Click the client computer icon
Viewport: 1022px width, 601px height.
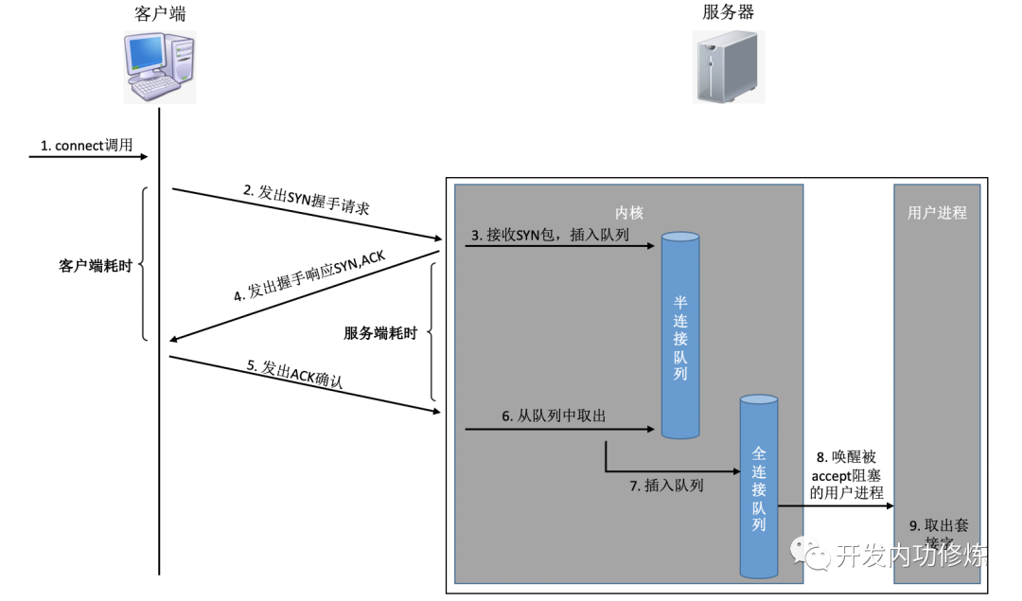160,67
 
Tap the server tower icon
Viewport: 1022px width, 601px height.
728,66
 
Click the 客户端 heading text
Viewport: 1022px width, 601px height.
160,12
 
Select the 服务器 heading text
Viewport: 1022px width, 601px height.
728,12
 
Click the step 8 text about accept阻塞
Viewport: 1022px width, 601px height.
847,473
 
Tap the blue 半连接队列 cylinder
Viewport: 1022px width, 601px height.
680,336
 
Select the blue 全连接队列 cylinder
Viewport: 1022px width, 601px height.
758,487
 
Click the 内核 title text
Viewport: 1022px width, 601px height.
628,213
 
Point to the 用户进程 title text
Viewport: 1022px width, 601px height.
937,213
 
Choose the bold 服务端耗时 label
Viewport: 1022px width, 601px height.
379,333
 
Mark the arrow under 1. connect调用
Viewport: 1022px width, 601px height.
91,157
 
